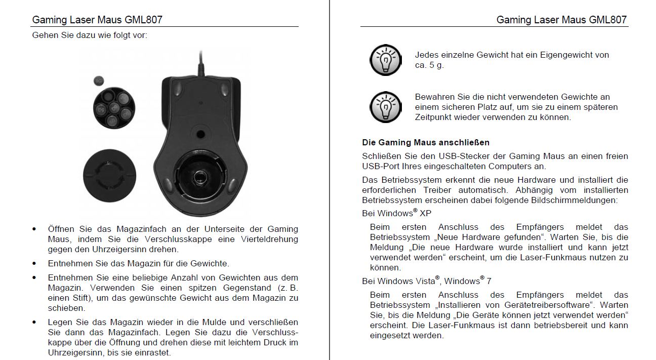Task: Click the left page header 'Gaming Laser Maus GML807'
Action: [x=97, y=20]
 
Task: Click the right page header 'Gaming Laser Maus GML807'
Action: [x=561, y=20]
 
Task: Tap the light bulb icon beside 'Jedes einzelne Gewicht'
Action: [x=385, y=60]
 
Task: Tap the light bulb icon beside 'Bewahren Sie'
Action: [x=385, y=107]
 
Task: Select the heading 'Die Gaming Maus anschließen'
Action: [x=426, y=142]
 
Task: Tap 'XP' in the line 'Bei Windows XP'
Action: [x=426, y=214]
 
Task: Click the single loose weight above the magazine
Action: [x=99, y=80]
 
